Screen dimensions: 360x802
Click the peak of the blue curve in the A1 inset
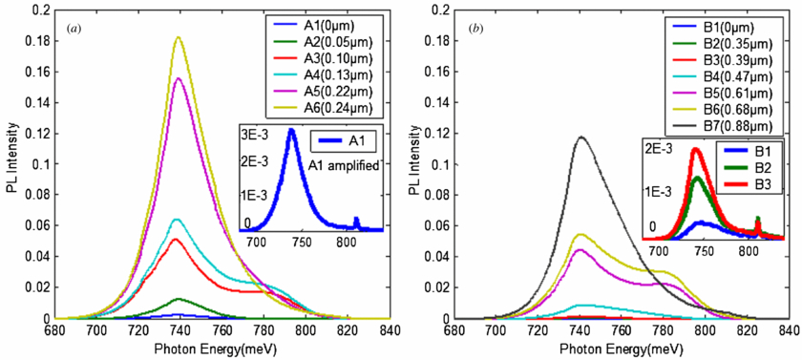tap(292, 131)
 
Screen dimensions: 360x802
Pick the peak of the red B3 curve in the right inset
tap(697, 149)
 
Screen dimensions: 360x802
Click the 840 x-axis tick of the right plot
tap(789, 329)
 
